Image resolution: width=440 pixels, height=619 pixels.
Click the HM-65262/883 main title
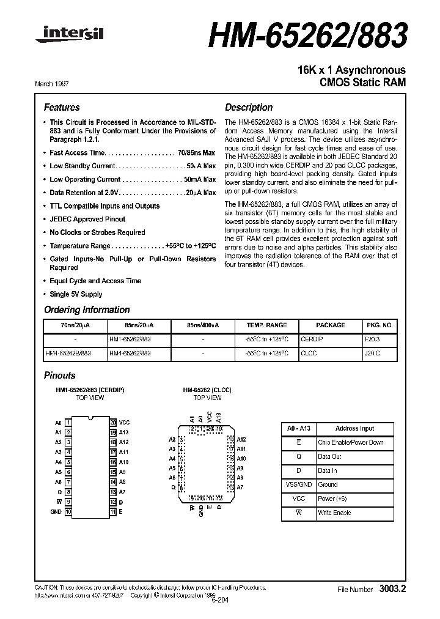(307, 37)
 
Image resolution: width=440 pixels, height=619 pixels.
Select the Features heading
(62, 107)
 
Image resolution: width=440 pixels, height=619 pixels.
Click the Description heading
(249, 107)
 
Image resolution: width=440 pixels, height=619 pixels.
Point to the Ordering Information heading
(87, 310)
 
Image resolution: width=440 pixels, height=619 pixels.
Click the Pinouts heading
(60, 375)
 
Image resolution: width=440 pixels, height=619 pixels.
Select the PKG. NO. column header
(379, 325)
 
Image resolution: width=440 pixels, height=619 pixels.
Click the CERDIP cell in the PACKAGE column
(312, 338)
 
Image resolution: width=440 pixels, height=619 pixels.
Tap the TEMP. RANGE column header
(266, 325)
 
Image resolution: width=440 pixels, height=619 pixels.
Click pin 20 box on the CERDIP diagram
(113, 423)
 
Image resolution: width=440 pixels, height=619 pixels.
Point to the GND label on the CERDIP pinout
(56, 511)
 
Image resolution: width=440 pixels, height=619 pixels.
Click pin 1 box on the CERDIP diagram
(68, 423)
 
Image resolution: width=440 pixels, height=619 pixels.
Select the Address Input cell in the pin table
(354, 429)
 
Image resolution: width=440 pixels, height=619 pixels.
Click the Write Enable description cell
(334, 513)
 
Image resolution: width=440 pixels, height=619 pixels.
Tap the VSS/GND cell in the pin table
(298, 484)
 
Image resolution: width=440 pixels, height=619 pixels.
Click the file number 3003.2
(392, 589)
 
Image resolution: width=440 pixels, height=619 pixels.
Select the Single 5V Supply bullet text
(76, 294)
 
